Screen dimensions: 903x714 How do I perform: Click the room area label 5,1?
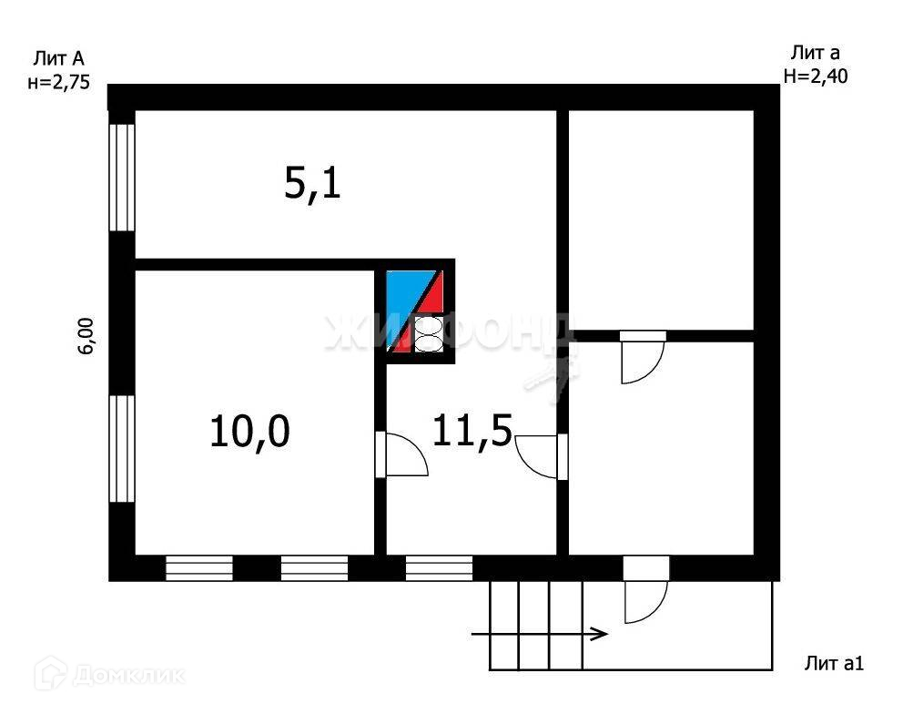coord(312,185)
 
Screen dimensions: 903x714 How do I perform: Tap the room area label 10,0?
coord(249,431)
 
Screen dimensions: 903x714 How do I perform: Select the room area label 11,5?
coord(472,430)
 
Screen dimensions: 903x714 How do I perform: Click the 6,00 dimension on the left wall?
coord(87,335)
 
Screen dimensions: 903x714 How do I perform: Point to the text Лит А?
coord(58,59)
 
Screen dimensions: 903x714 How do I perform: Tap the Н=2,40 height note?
coord(816,76)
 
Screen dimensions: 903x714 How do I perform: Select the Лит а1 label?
coord(833,663)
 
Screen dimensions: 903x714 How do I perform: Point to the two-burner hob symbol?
coord(429,334)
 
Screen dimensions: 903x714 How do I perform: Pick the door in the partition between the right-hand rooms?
coord(642,359)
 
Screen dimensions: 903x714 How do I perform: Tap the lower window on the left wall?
coord(122,448)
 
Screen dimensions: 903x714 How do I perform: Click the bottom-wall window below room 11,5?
coord(439,568)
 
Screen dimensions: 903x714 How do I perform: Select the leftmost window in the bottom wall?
coord(198,568)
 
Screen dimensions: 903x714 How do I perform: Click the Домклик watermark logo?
coord(110,675)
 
